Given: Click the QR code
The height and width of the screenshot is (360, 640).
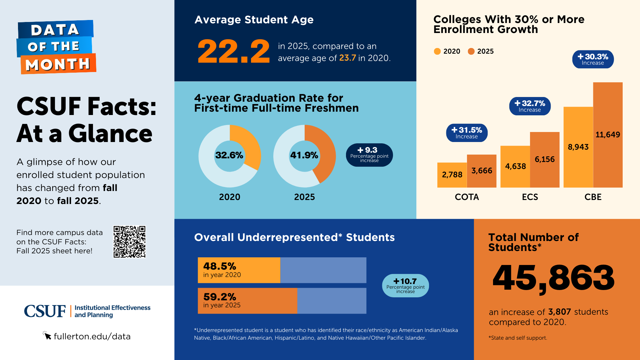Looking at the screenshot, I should (129, 242).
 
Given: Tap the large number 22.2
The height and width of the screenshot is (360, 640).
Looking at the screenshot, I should (233, 52).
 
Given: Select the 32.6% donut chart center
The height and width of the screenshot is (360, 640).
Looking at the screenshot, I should (229, 155).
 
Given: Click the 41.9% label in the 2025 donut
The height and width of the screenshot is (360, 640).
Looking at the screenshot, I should (304, 155).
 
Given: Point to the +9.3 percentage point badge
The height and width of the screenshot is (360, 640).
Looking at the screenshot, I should (369, 155).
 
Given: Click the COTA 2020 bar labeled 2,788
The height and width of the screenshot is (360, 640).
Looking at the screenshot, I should (452, 175).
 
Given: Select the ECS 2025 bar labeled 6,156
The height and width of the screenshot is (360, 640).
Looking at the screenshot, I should (545, 160).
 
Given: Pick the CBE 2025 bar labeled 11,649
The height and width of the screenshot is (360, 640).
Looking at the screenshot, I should (608, 135).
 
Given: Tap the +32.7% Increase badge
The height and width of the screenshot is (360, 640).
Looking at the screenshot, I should (530, 106).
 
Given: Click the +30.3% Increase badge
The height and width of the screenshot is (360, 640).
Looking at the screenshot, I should (593, 59).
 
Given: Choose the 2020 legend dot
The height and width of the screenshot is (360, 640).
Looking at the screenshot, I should (437, 51).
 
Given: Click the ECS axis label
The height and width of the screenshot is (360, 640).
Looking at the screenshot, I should (530, 197).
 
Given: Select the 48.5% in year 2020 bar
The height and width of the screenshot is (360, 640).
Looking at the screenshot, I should (239, 270).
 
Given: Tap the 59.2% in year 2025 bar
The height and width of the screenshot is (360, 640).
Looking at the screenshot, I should (247, 301).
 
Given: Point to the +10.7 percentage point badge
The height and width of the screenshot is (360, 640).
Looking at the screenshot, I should (405, 286).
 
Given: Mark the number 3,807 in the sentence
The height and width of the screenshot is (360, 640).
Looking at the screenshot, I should (560, 312).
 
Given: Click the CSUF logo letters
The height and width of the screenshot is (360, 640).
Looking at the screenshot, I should (45, 311).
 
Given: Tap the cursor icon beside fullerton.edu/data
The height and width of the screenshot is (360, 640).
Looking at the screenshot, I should (47, 335).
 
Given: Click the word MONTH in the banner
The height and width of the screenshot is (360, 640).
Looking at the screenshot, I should (58, 64).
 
